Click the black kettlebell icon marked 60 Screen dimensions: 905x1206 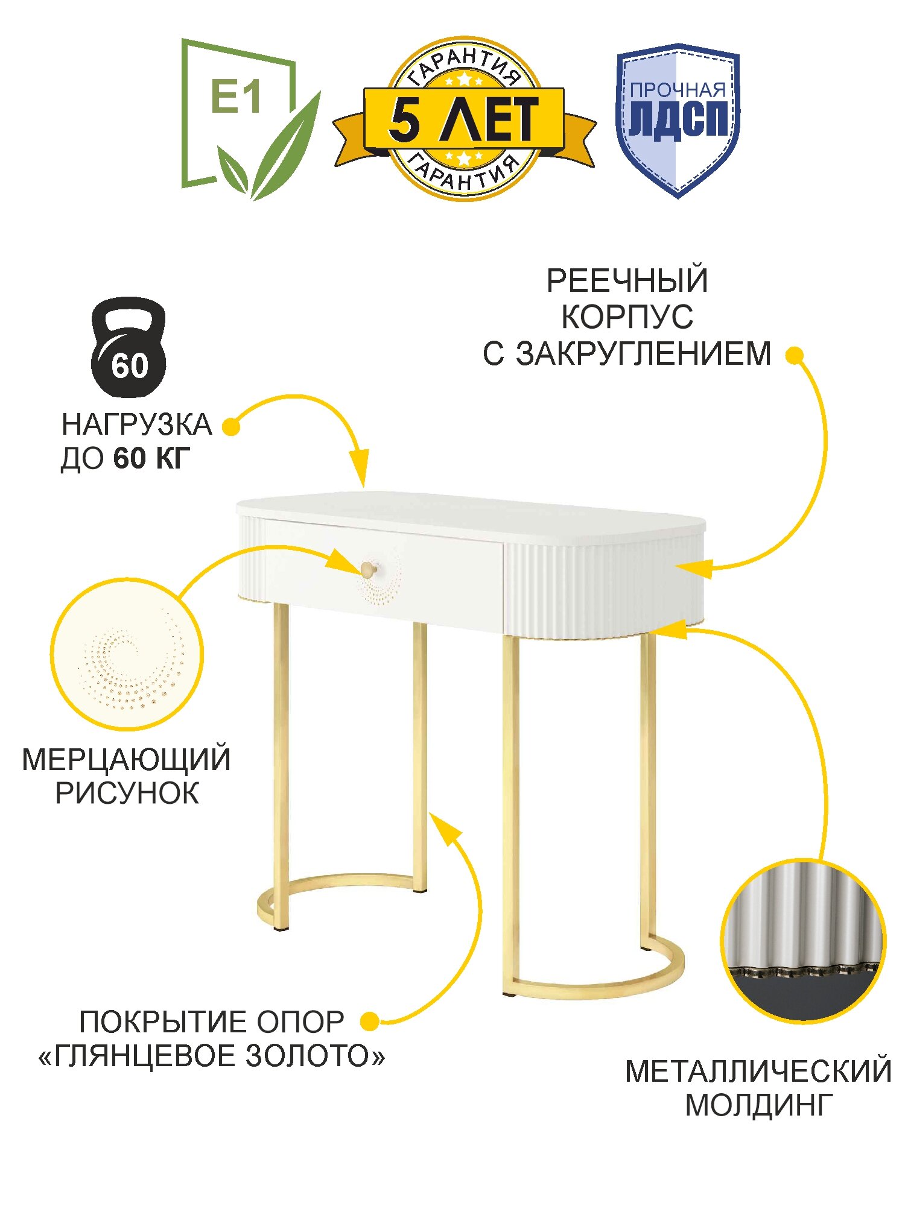click(129, 347)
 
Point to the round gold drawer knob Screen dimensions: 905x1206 click(367, 568)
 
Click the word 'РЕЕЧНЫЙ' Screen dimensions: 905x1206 click(627, 281)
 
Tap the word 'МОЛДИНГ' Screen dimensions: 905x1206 click(759, 1105)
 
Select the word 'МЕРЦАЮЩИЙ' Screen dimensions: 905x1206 click(126, 760)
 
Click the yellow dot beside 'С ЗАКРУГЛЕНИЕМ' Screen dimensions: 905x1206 click(795, 355)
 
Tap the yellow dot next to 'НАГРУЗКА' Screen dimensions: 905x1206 click(231, 426)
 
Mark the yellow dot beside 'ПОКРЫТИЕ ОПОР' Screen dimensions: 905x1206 click(369, 1021)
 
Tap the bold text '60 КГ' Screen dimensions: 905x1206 click(151, 459)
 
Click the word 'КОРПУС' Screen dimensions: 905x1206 click(627, 317)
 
